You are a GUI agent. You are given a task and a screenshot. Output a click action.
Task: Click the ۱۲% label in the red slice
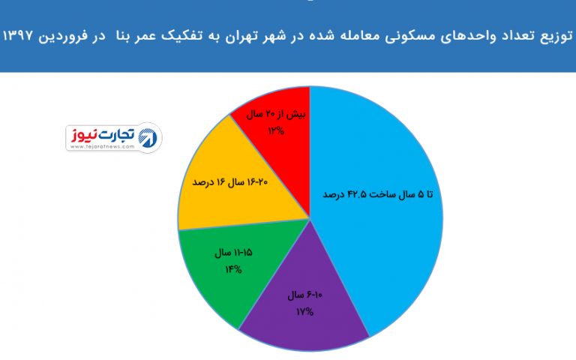[x=276, y=130]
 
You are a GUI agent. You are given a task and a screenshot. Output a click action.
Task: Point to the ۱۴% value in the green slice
[x=233, y=270]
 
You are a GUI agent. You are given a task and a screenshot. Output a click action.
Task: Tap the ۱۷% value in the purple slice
[x=304, y=312]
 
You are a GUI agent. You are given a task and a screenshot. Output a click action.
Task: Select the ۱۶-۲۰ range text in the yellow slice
[x=256, y=181]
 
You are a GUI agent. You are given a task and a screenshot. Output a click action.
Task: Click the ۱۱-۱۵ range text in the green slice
[x=242, y=252]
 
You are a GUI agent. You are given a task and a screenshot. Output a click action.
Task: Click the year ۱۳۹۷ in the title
[x=18, y=37]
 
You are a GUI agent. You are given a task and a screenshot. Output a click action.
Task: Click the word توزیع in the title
[x=556, y=37]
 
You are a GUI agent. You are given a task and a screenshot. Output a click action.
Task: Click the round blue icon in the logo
[x=148, y=138]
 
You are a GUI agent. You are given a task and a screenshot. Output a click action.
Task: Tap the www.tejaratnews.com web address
[x=102, y=146]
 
